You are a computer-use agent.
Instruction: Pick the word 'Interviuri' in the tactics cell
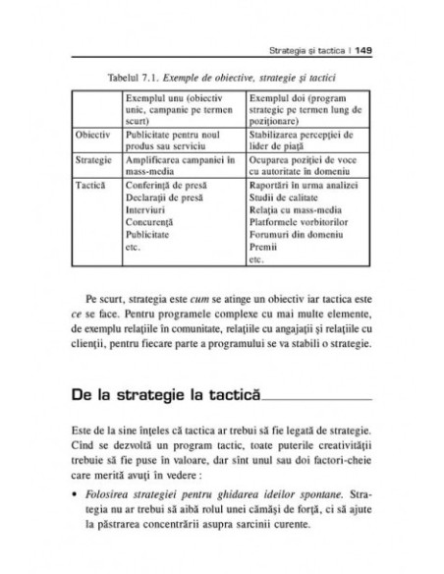pos(145,209)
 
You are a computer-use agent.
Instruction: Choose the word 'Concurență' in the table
pos(148,223)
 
